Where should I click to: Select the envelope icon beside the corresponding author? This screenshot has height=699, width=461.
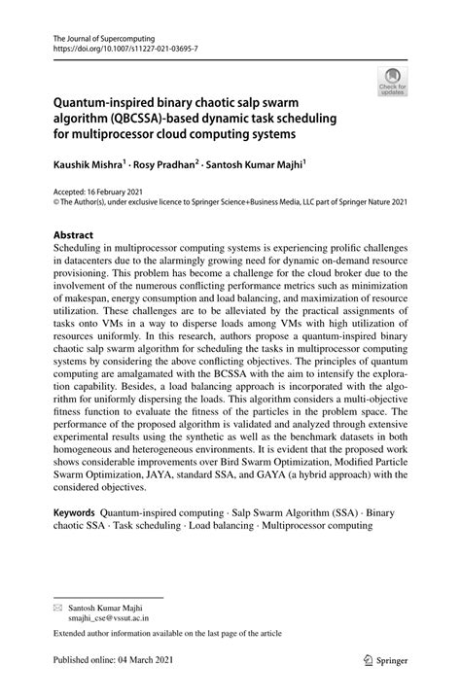[42, 605]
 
